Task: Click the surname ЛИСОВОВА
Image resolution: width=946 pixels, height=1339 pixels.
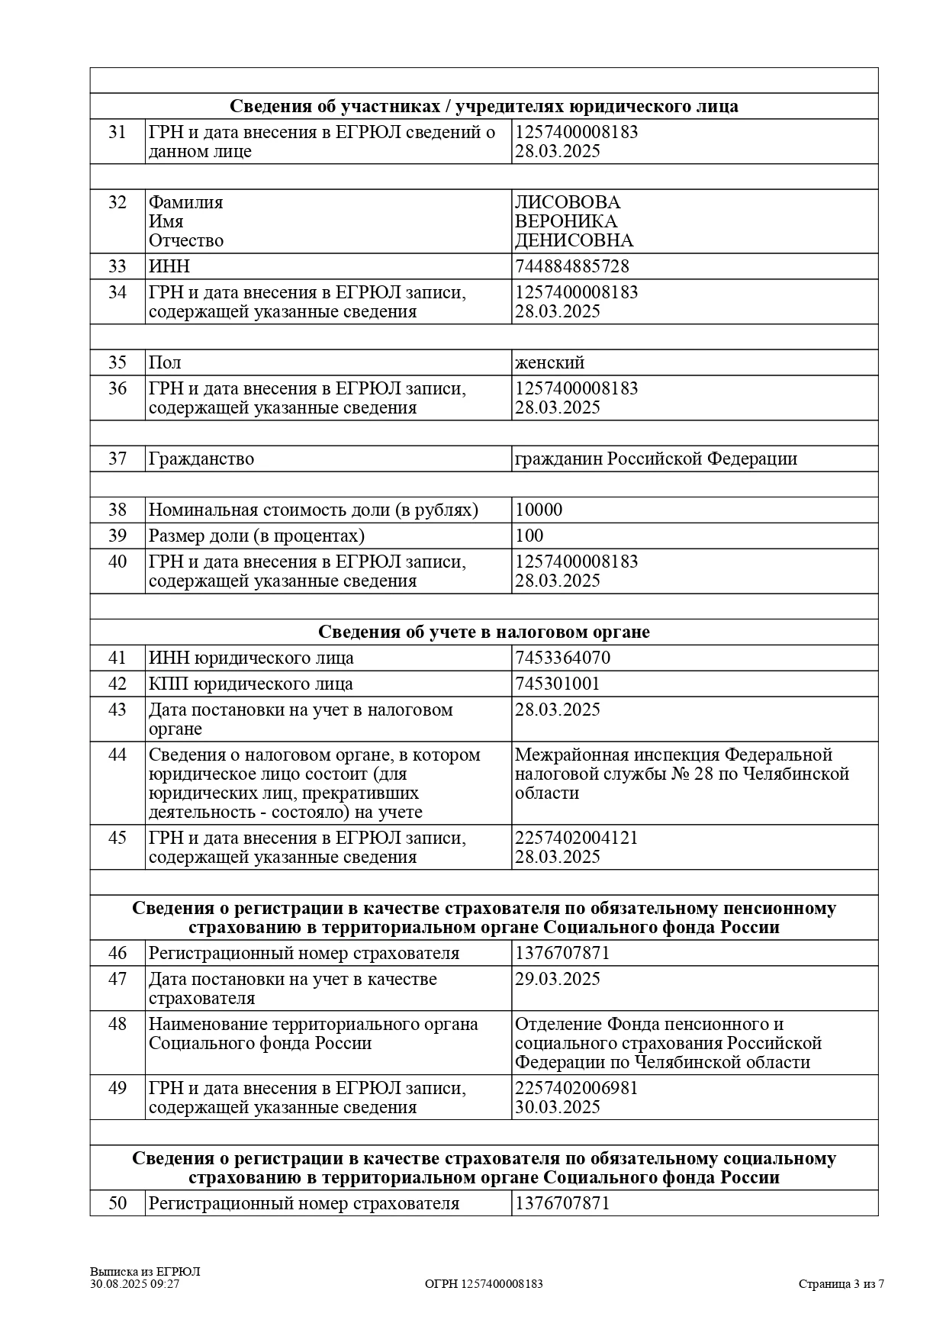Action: (567, 202)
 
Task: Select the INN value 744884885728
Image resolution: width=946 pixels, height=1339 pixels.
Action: (571, 266)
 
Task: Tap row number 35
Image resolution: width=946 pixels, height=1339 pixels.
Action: (117, 362)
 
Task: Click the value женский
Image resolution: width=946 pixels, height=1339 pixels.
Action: (549, 362)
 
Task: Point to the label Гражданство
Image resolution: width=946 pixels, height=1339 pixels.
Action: (201, 459)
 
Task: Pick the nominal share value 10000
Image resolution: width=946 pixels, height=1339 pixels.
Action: (538, 510)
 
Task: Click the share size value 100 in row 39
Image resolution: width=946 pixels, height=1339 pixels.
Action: (529, 536)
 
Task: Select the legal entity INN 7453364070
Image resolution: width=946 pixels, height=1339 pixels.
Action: (562, 658)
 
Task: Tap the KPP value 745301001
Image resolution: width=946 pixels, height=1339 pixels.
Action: (557, 684)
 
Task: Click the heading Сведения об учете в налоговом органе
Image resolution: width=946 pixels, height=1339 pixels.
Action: (484, 632)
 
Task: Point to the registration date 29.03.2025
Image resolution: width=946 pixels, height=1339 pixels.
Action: (557, 979)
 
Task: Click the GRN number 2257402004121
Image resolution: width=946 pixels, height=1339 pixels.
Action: (576, 838)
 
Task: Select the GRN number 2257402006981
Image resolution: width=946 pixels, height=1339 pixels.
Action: (576, 1088)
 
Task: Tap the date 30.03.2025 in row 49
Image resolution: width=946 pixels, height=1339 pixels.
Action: (557, 1107)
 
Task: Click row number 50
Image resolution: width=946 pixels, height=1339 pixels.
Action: (117, 1203)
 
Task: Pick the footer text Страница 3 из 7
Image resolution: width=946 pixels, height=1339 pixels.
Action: (841, 1283)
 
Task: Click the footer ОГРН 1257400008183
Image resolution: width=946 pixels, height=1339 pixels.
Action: (484, 1283)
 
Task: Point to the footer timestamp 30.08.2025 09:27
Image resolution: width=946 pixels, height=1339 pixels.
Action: (134, 1283)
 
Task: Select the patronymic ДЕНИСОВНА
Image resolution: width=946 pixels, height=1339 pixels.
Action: (574, 240)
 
